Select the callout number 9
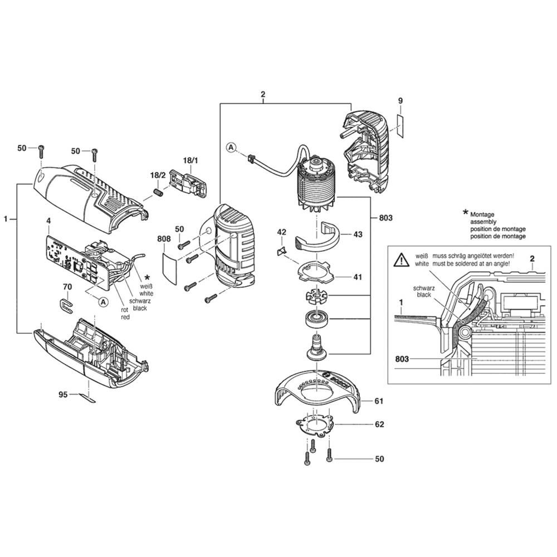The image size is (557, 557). (400, 100)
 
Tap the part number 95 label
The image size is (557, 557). (63, 394)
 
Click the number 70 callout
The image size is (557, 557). (67, 287)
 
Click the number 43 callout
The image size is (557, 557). (358, 234)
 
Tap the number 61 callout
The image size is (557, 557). (379, 401)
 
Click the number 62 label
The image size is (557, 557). (379, 424)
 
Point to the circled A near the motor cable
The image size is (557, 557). (232, 148)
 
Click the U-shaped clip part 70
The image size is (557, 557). (65, 304)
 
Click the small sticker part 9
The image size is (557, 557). (400, 125)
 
